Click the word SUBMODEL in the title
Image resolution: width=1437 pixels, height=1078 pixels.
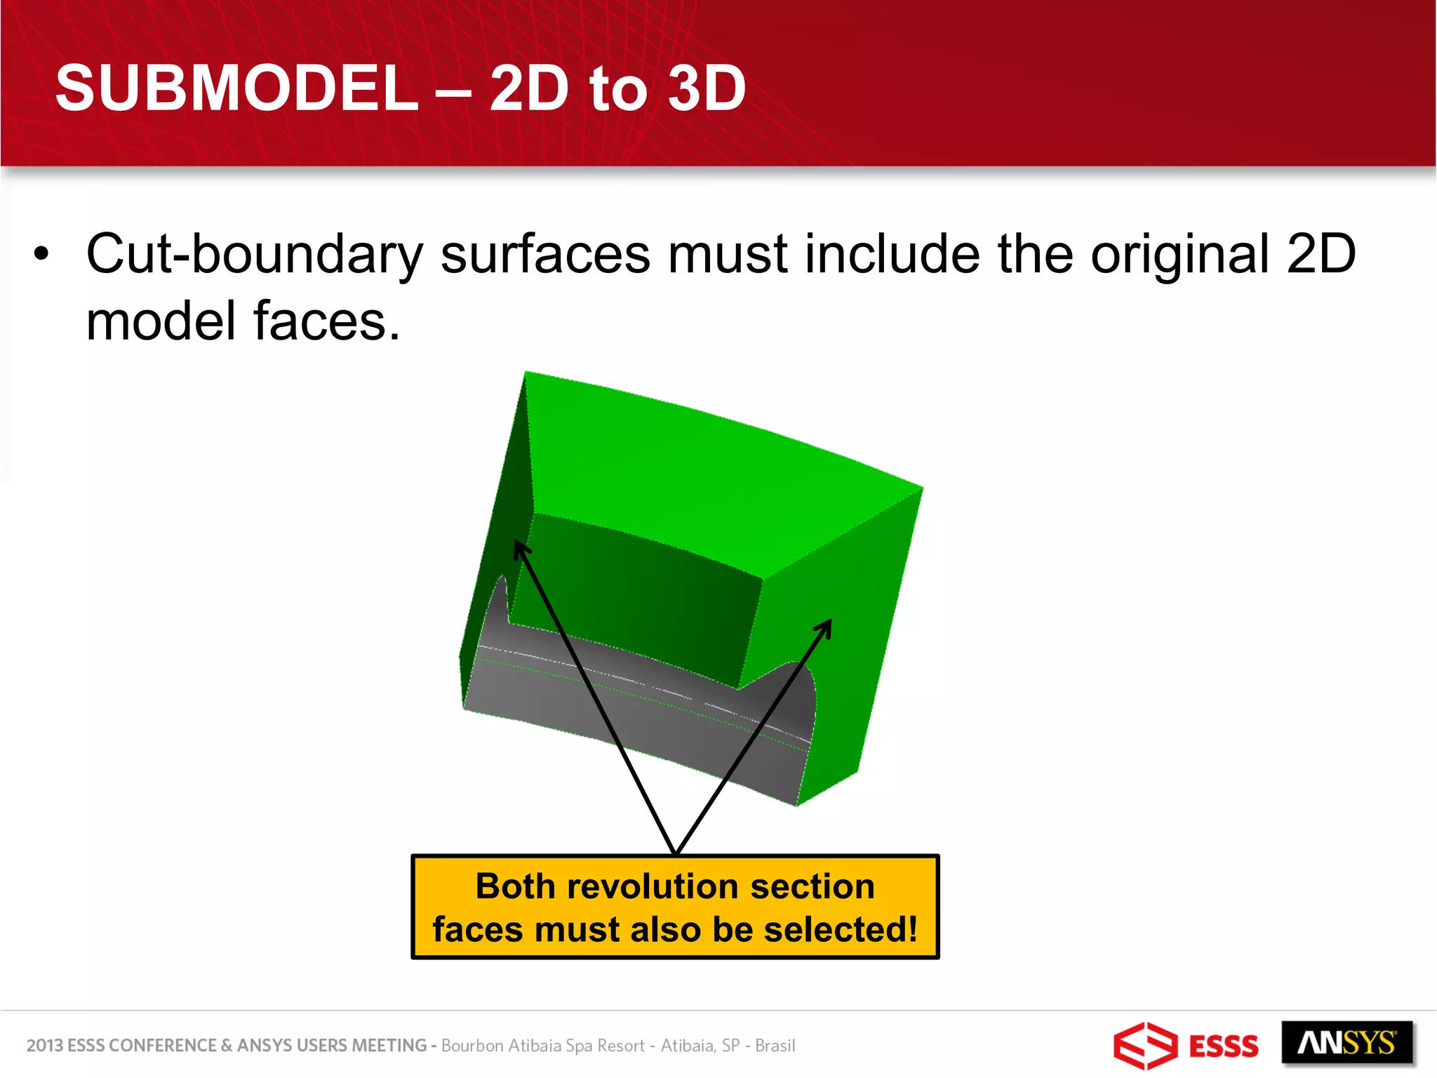[x=236, y=88]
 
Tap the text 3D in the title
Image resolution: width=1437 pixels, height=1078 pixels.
[x=706, y=88]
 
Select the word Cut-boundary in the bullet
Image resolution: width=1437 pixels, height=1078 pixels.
[x=254, y=254]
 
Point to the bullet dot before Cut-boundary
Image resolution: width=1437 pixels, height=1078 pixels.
[x=42, y=254]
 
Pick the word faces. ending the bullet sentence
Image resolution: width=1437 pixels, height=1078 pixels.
[x=326, y=321]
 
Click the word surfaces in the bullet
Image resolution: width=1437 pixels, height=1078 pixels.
[x=545, y=254]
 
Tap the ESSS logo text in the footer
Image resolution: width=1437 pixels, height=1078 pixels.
[x=1223, y=1046]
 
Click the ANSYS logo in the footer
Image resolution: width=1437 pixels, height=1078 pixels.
[x=1346, y=1044]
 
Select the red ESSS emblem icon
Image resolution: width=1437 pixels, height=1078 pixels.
[x=1144, y=1046]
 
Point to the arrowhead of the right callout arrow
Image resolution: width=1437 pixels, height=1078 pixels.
[x=827, y=625]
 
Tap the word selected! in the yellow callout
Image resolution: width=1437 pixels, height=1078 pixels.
[x=840, y=930]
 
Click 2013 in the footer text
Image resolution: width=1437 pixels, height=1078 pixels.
[x=44, y=1046]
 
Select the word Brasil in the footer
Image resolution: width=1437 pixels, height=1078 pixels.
[x=775, y=1046]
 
